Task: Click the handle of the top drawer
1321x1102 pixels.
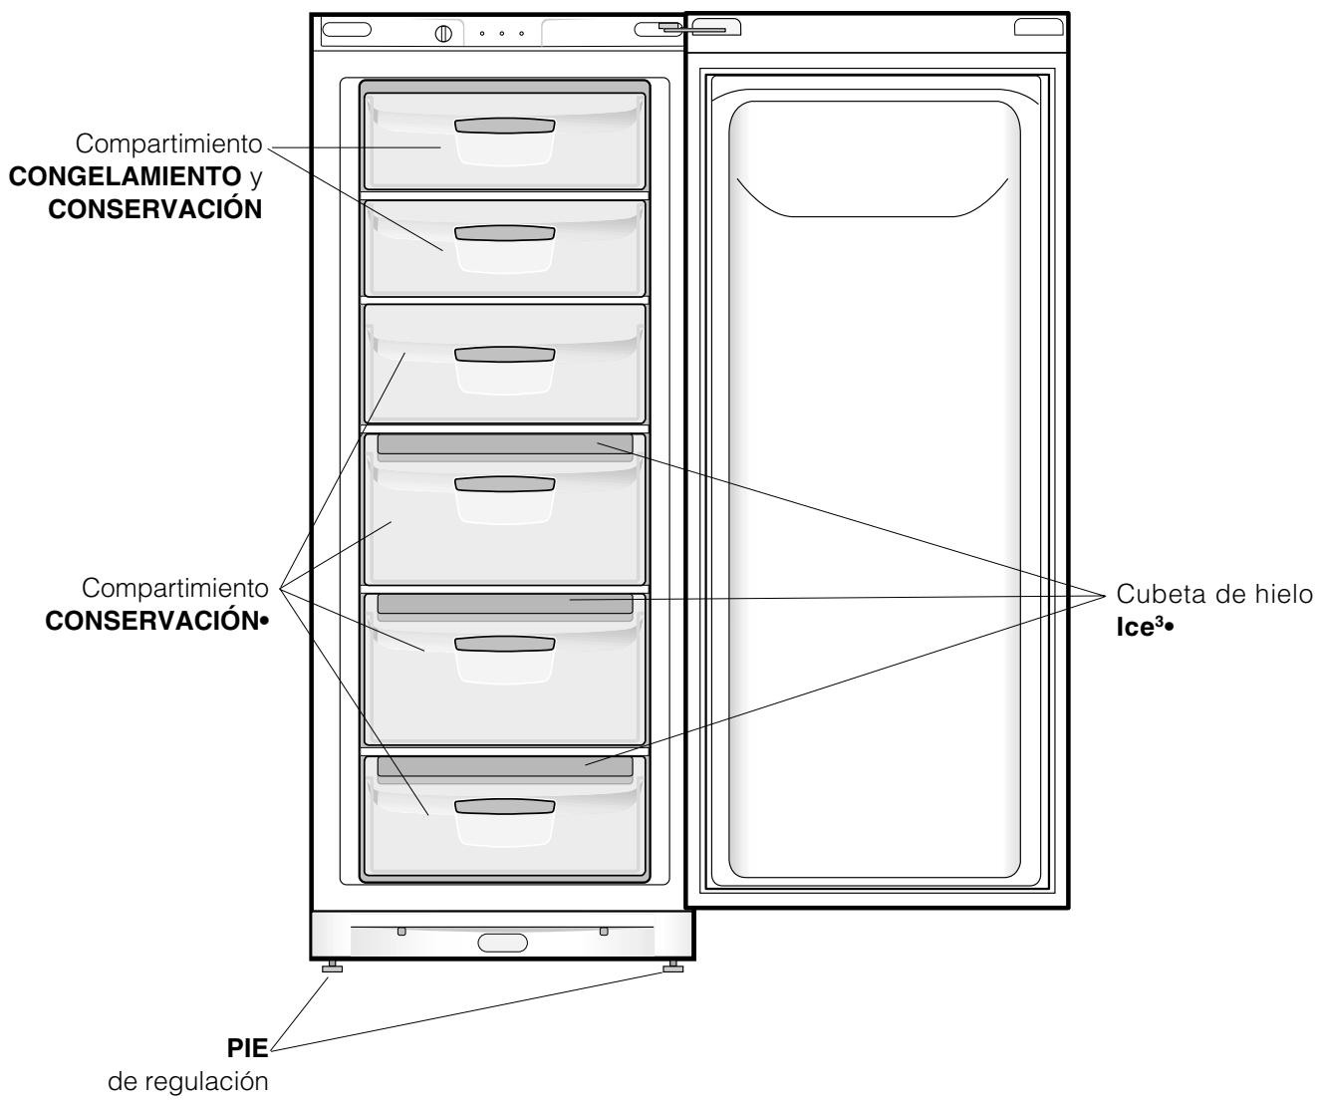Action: tap(504, 126)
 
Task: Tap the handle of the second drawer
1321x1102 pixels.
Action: tap(504, 232)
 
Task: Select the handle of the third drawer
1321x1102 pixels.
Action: tap(504, 355)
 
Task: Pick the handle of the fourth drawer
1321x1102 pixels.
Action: tap(504, 483)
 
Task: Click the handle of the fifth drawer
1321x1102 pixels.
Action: tap(504, 644)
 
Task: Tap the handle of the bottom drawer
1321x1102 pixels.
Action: tap(504, 806)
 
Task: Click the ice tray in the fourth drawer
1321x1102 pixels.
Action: tap(504, 443)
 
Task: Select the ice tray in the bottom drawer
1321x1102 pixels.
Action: tap(504, 766)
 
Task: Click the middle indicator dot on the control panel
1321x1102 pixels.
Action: tap(502, 33)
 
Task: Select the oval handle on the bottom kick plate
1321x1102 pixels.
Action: tap(503, 942)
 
